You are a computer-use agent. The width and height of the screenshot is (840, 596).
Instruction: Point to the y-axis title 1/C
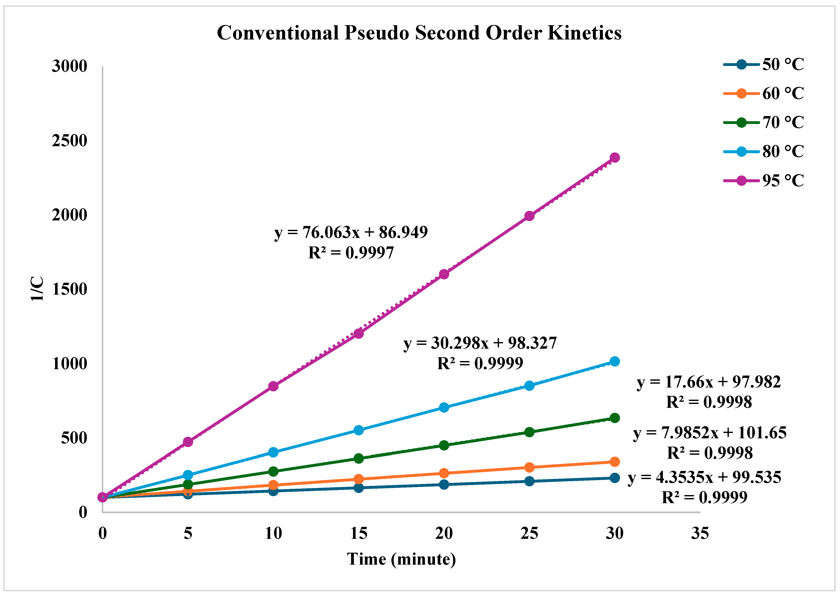coord(37,289)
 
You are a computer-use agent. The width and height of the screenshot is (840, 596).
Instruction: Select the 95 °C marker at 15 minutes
coord(359,334)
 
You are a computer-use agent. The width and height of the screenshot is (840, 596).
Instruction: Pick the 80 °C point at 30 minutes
coord(614,361)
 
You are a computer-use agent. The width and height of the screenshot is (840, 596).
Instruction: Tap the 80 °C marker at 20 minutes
coord(444,407)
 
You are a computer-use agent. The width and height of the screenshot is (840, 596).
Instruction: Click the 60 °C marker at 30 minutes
coord(614,462)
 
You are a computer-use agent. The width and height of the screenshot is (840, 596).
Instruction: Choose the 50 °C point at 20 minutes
coord(444,484)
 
